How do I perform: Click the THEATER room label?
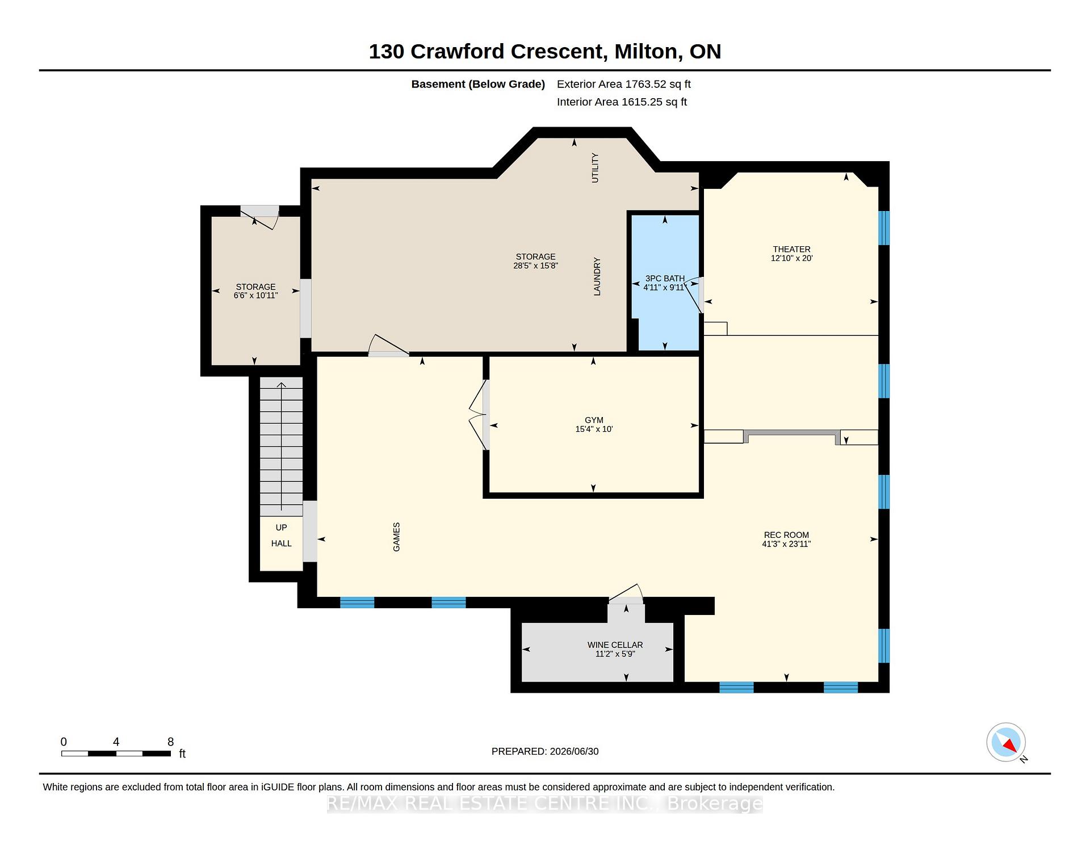tap(791, 249)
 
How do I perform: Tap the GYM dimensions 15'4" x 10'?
tap(594, 430)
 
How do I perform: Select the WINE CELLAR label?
tap(615, 645)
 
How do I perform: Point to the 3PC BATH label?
tap(665, 278)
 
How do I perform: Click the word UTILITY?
tap(595, 167)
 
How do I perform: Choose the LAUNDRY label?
tap(597, 277)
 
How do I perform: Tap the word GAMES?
tap(396, 537)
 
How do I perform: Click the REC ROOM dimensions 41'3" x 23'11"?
tap(786, 544)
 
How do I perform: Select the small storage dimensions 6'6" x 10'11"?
tap(255, 296)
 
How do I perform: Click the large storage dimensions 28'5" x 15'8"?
tap(535, 266)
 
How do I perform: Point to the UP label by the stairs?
tap(281, 528)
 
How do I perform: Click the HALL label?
tap(281, 544)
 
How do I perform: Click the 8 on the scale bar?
tap(170, 742)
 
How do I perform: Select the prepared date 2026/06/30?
tap(574, 751)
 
